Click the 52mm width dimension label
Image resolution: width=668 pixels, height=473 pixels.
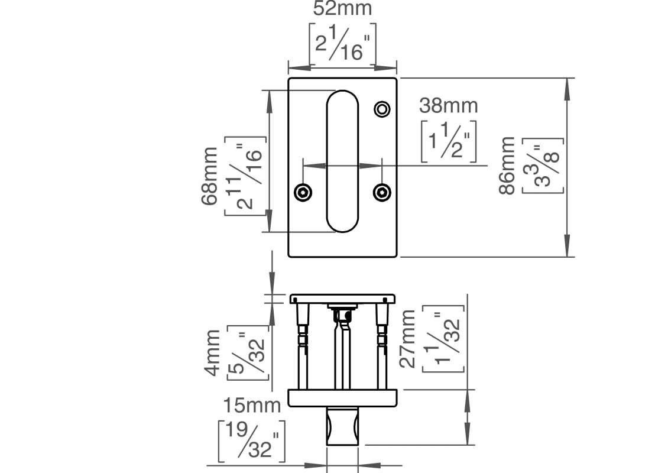pyautogui.click(x=342, y=9)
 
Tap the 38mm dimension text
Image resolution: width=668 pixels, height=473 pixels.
pyautogui.click(x=448, y=106)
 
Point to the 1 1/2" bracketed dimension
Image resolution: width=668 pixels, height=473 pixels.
pyautogui.click(x=449, y=141)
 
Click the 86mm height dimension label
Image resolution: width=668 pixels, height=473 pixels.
pyautogui.click(x=507, y=166)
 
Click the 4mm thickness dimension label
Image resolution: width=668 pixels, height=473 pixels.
pyautogui.click(x=212, y=352)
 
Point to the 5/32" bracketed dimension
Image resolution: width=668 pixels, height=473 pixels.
pyautogui.click(x=247, y=352)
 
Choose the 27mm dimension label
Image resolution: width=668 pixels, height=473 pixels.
pyautogui.click(x=408, y=339)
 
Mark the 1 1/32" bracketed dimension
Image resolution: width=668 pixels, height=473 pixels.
pyautogui.click(x=443, y=339)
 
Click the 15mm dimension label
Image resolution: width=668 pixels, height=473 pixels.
pyautogui.click(x=251, y=406)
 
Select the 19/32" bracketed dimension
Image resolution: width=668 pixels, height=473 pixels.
pyautogui.click(x=251, y=441)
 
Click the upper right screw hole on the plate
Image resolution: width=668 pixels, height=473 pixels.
pyautogui.click(x=382, y=109)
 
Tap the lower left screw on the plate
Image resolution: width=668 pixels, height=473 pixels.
pyautogui.click(x=303, y=192)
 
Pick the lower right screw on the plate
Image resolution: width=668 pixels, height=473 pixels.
pyautogui.click(x=382, y=192)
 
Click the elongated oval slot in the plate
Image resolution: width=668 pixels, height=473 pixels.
pyautogui.click(x=342, y=161)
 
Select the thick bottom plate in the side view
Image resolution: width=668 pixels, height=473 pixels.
pyautogui.click(x=342, y=398)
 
